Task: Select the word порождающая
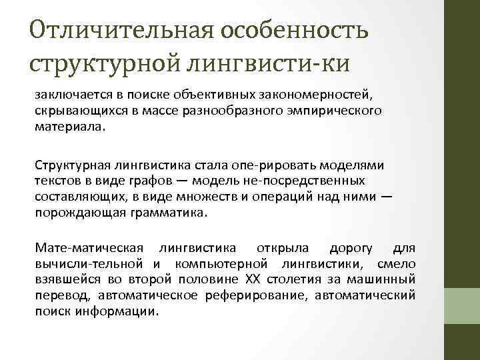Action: pyautogui.click(x=75, y=214)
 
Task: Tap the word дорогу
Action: pyautogui.click(x=348, y=249)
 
